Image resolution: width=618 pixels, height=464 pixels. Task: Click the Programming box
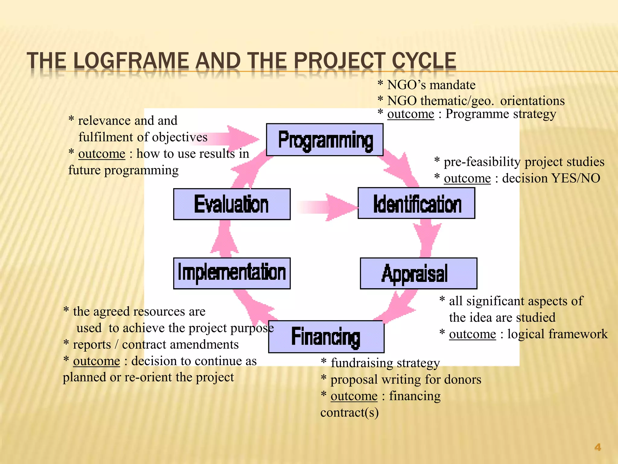point(325,140)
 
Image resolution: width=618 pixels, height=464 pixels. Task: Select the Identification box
point(416,203)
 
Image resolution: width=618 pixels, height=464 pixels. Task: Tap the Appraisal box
point(419,273)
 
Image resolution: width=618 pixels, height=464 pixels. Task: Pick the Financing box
point(326,337)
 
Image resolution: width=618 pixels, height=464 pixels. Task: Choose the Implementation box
point(232,273)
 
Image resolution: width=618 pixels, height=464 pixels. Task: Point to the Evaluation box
point(232,204)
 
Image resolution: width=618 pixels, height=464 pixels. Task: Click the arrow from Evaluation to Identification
point(329,207)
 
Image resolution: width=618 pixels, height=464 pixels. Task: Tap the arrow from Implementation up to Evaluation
point(225,239)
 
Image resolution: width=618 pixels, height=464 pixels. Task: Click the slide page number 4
point(597,447)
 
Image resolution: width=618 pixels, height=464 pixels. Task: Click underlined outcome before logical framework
point(472,334)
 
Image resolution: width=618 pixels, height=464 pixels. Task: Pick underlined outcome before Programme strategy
point(411,114)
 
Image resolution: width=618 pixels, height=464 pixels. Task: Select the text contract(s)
point(349,413)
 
